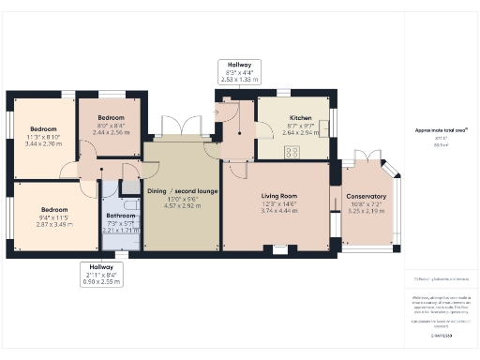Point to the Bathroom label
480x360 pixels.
pyautogui.click(x=121, y=215)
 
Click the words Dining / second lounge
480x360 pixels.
pyautogui.click(x=182, y=190)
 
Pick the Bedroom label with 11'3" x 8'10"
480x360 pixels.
pyautogui.click(x=43, y=128)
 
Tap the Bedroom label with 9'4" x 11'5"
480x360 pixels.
pyautogui.click(x=53, y=210)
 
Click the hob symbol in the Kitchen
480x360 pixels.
pyautogui.click(x=292, y=152)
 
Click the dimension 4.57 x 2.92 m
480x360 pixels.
pyautogui.click(x=182, y=205)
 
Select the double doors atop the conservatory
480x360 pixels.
pyautogui.click(x=364, y=155)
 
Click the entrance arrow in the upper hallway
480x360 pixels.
pyautogui.click(x=217, y=112)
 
